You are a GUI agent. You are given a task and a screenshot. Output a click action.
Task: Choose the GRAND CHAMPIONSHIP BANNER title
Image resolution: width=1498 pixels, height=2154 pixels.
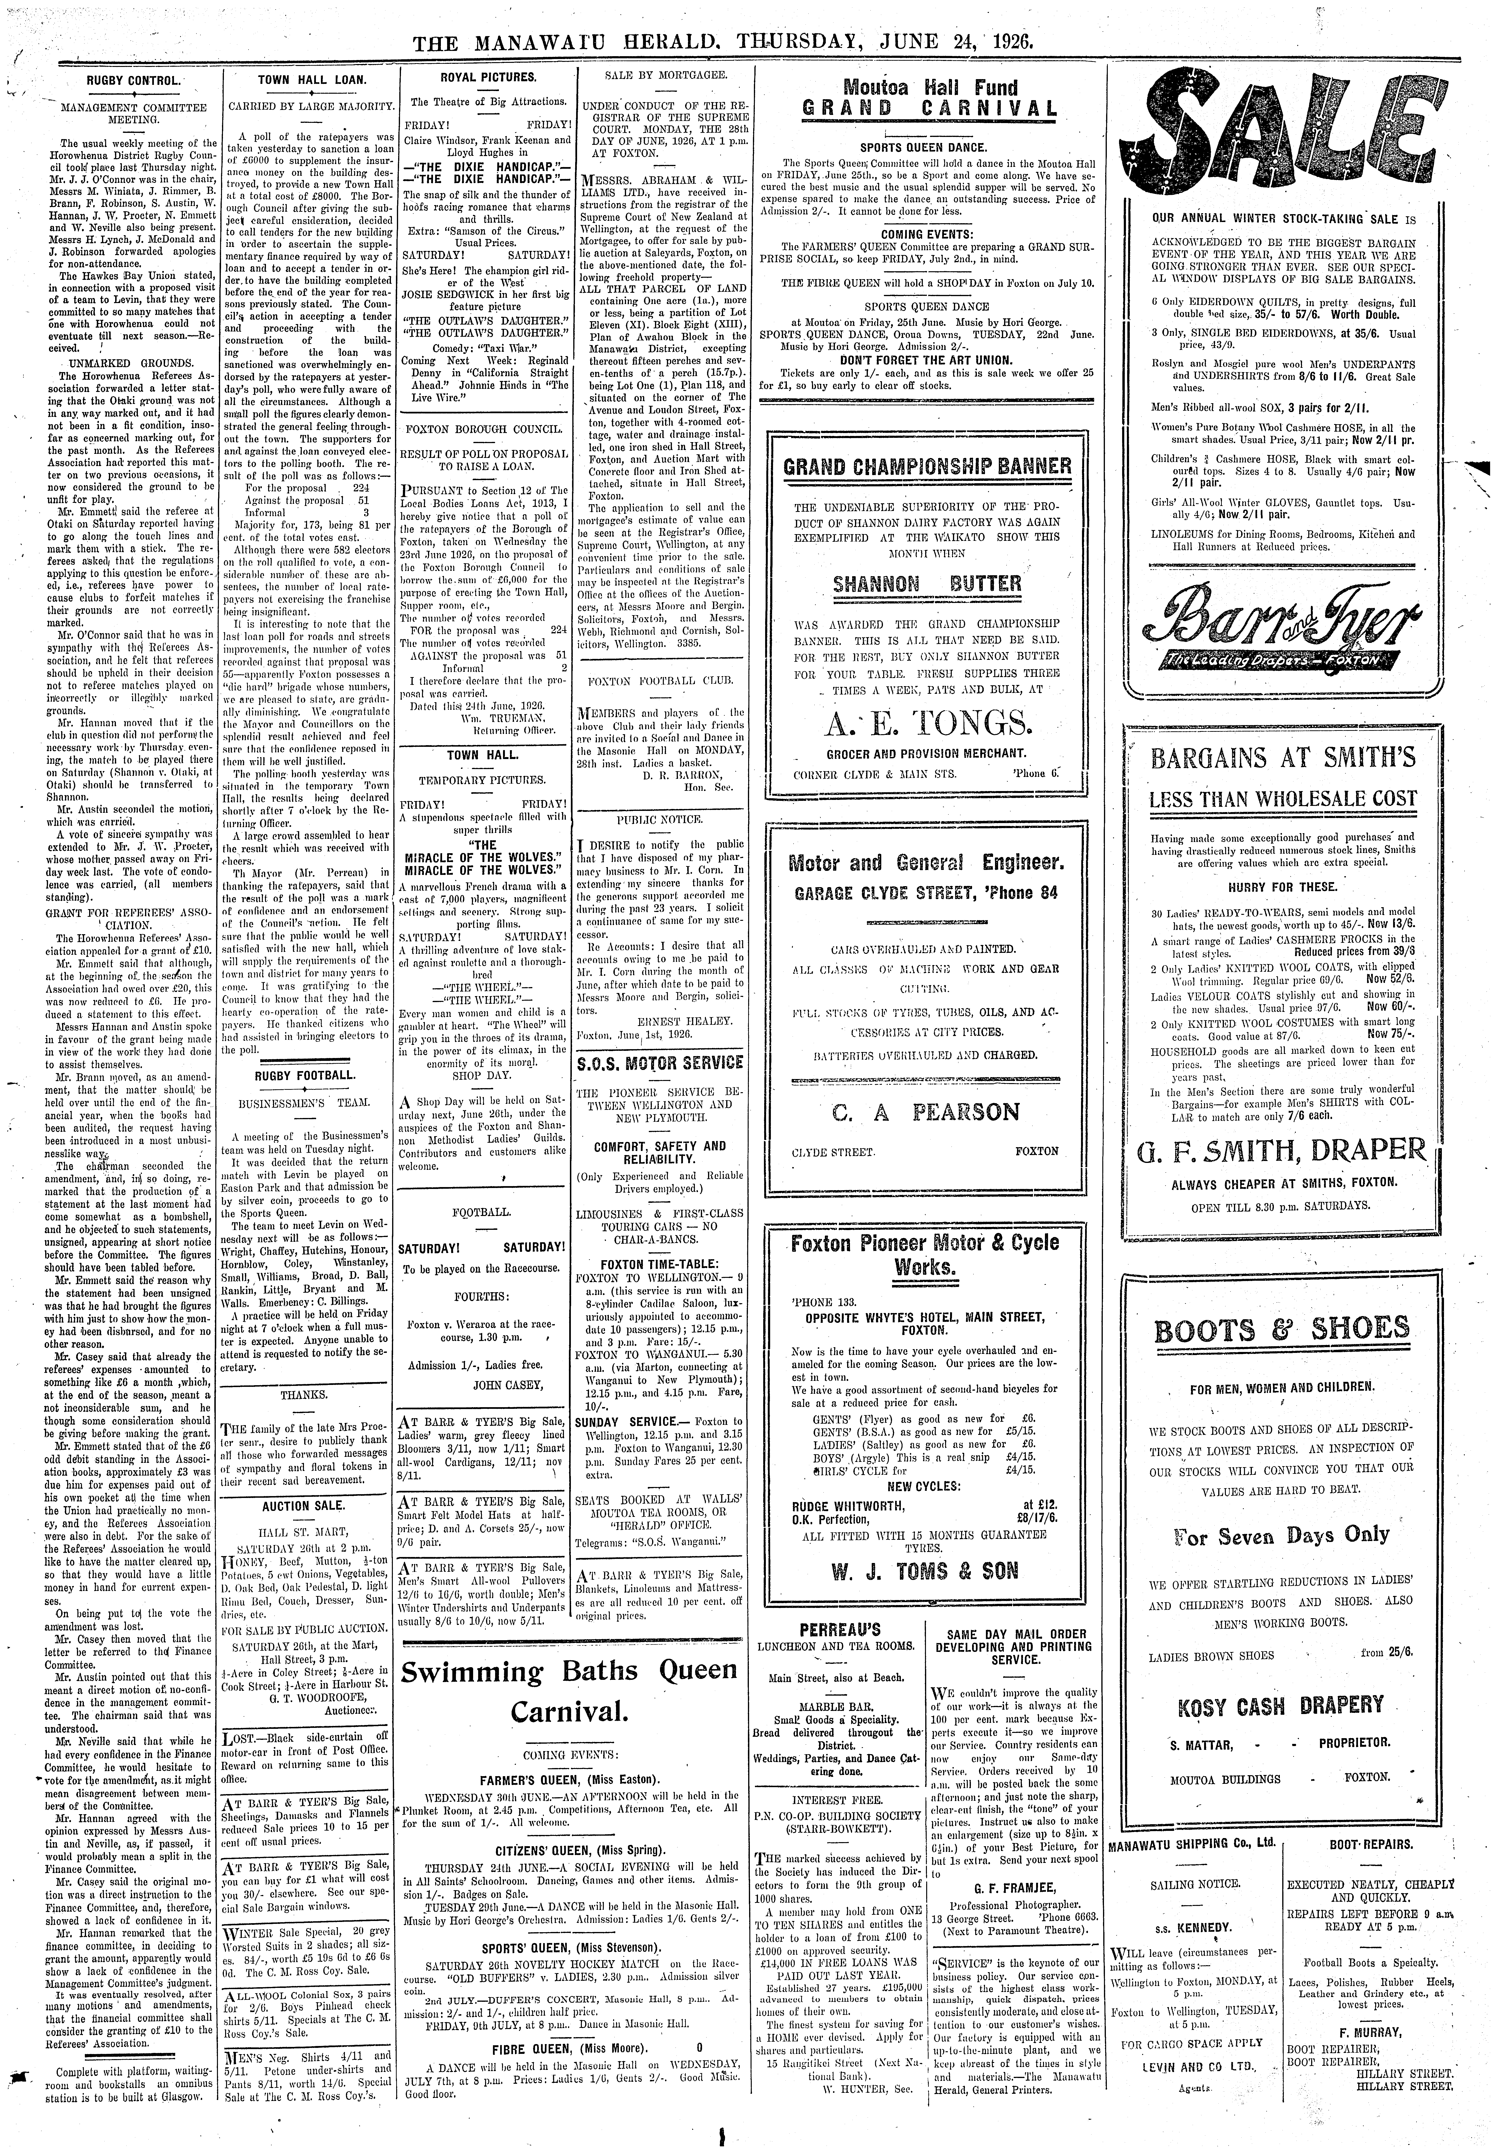point(926,466)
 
